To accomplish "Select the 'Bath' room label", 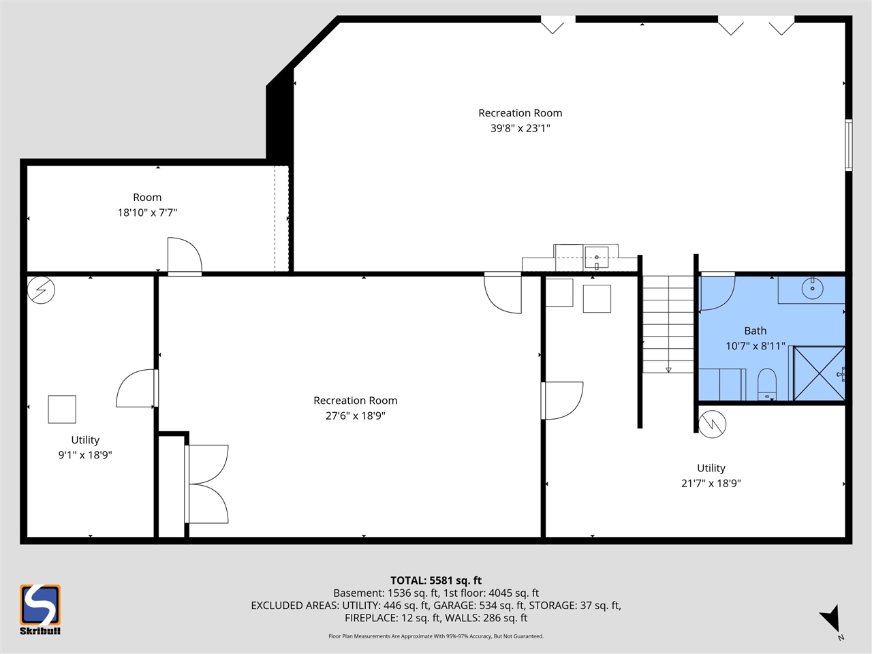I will (x=755, y=330).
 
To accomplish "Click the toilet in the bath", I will (x=767, y=384).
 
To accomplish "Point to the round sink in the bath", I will (x=812, y=288).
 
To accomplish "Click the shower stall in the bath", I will (x=819, y=373).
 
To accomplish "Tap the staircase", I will (x=668, y=324).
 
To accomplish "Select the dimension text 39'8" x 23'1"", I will (x=520, y=128).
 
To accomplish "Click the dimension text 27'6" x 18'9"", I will (x=355, y=416).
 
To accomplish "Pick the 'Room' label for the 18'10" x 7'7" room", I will (x=147, y=198).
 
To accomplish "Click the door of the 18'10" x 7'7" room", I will (x=184, y=256).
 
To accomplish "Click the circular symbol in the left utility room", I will (x=41, y=290).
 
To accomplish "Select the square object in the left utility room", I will (x=62, y=409).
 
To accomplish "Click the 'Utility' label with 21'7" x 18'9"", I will (x=711, y=468).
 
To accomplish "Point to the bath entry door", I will (x=717, y=292).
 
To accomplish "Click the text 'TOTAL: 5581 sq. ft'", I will (x=435, y=580).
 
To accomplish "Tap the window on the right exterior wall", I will (x=848, y=144).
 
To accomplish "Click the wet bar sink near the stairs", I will (x=597, y=258).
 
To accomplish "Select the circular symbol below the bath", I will (x=713, y=424).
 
